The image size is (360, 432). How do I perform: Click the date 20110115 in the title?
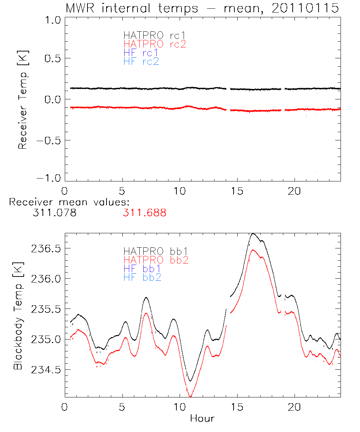coord(305,8)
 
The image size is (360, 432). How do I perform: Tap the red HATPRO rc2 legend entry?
coord(154,44)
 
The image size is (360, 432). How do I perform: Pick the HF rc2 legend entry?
coord(141,62)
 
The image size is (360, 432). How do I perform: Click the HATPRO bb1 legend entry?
coord(156,251)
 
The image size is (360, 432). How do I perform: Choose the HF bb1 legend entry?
coord(142,268)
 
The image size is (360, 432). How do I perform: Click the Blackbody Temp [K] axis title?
coord(18,315)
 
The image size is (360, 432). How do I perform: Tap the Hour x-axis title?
coord(202,419)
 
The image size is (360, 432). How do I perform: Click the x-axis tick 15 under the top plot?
coord(237,191)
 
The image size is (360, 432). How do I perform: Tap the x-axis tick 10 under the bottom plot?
coord(180,408)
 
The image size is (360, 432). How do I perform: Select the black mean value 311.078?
coord(54,213)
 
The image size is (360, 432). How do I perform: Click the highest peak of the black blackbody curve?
coord(253,234)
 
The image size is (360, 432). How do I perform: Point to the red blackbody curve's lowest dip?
coord(190,397)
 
